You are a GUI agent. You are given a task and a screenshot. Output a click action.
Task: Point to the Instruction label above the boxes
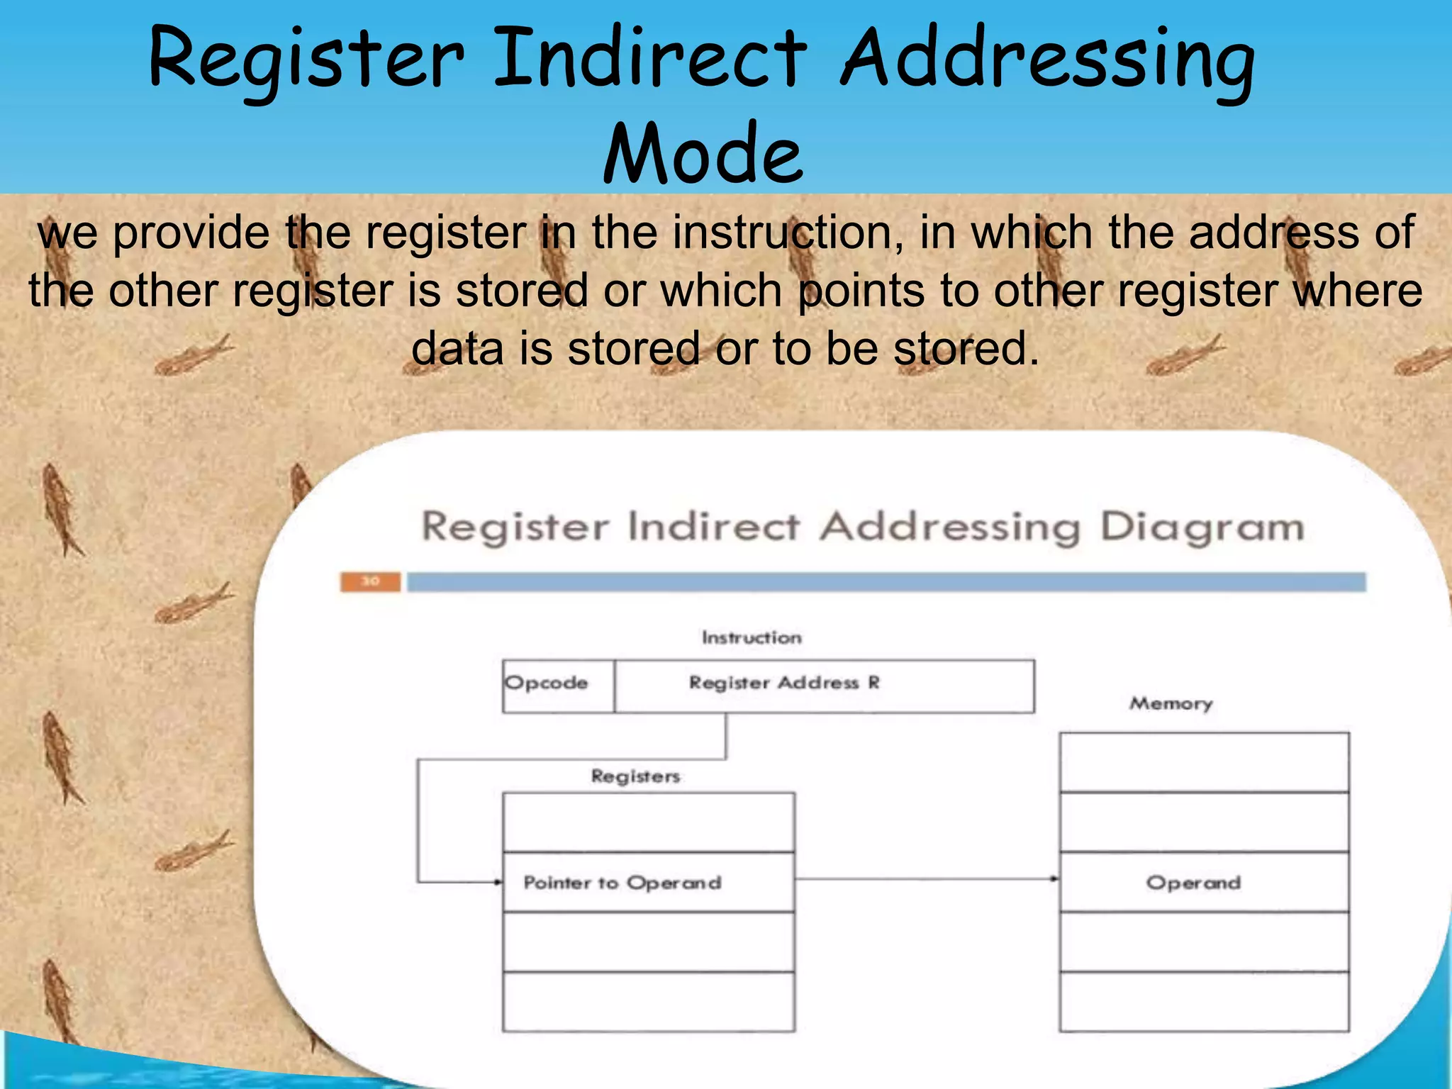(x=752, y=637)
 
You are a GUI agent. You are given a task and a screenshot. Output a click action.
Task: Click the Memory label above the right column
(x=1171, y=703)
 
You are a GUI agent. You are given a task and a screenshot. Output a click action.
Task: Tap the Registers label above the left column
(x=635, y=776)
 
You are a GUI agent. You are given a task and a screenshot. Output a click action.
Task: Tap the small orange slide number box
(x=370, y=581)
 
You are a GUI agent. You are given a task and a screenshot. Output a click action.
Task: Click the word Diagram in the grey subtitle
(x=1202, y=527)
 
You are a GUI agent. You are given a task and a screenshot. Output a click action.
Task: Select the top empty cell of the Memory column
(x=1204, y=762)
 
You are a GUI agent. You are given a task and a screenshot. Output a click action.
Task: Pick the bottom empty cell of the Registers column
(x=648, y=1001)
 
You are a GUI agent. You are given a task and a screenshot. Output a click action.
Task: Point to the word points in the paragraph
(x=861, y=291)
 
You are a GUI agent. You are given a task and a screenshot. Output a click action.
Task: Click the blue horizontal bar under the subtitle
(x=886, y=582)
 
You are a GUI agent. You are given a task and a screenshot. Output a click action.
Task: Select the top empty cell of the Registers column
(x=648, y=822)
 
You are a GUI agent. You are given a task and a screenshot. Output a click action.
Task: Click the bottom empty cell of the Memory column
(x=1204, y=1001)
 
